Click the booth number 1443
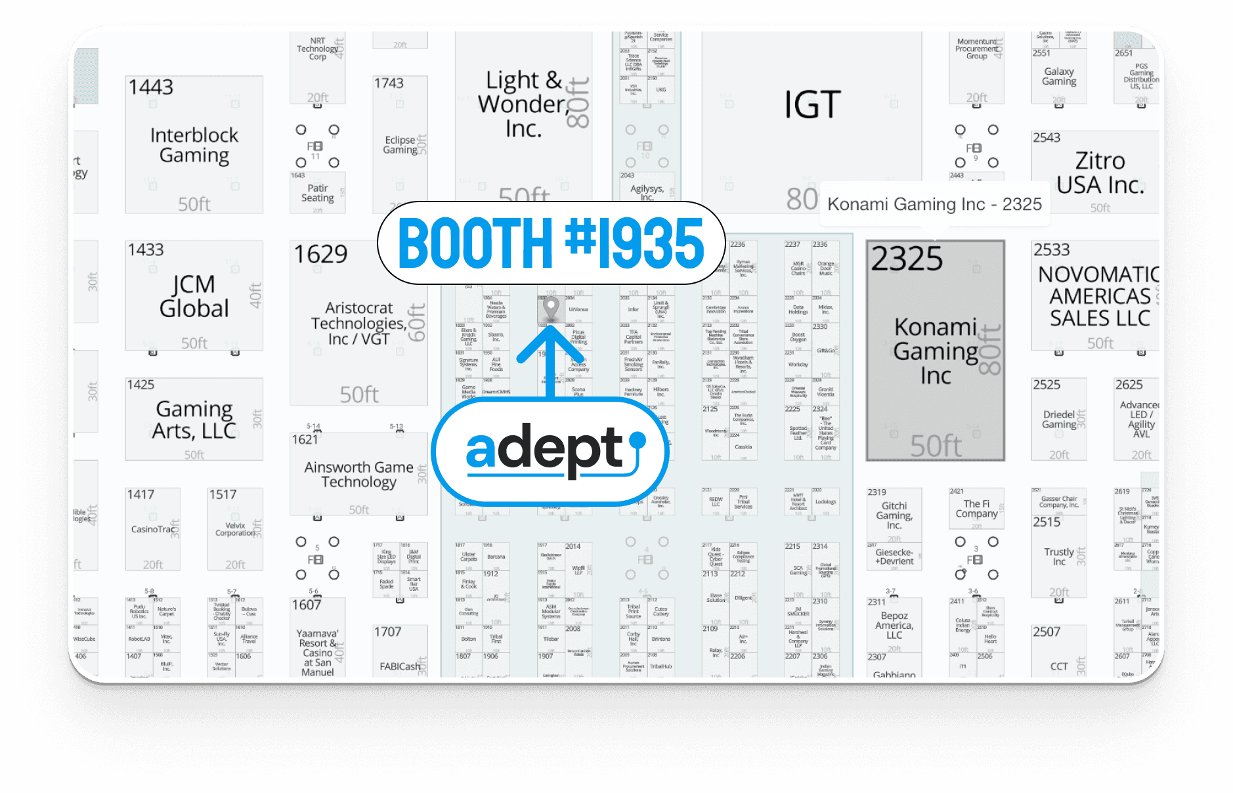151,87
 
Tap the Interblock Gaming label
194,145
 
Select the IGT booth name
812,105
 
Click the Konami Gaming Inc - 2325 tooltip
934,204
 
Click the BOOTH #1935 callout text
551,243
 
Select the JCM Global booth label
194,297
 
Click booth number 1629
320,254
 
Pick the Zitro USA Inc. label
1100,173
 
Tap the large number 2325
907,259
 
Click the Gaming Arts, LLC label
194,420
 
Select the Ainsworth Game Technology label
358,475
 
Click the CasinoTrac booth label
153,529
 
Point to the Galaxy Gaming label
1058,76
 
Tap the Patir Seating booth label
318,193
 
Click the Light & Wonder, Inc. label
523,104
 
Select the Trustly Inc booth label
1059,557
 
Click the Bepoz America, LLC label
894,626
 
